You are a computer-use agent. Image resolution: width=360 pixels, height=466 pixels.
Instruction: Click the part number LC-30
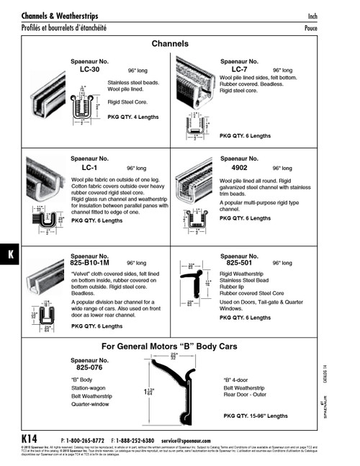(90, 70)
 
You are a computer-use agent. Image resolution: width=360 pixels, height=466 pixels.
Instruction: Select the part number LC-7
(240, 69)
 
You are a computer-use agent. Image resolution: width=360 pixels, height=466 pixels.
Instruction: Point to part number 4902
(238, 166)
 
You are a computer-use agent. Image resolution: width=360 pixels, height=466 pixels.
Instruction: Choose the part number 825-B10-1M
(98, 263)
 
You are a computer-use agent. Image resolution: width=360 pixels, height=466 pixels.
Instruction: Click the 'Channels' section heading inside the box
(170, 44)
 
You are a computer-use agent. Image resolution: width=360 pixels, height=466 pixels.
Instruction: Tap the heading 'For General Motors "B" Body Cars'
(170, 346)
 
